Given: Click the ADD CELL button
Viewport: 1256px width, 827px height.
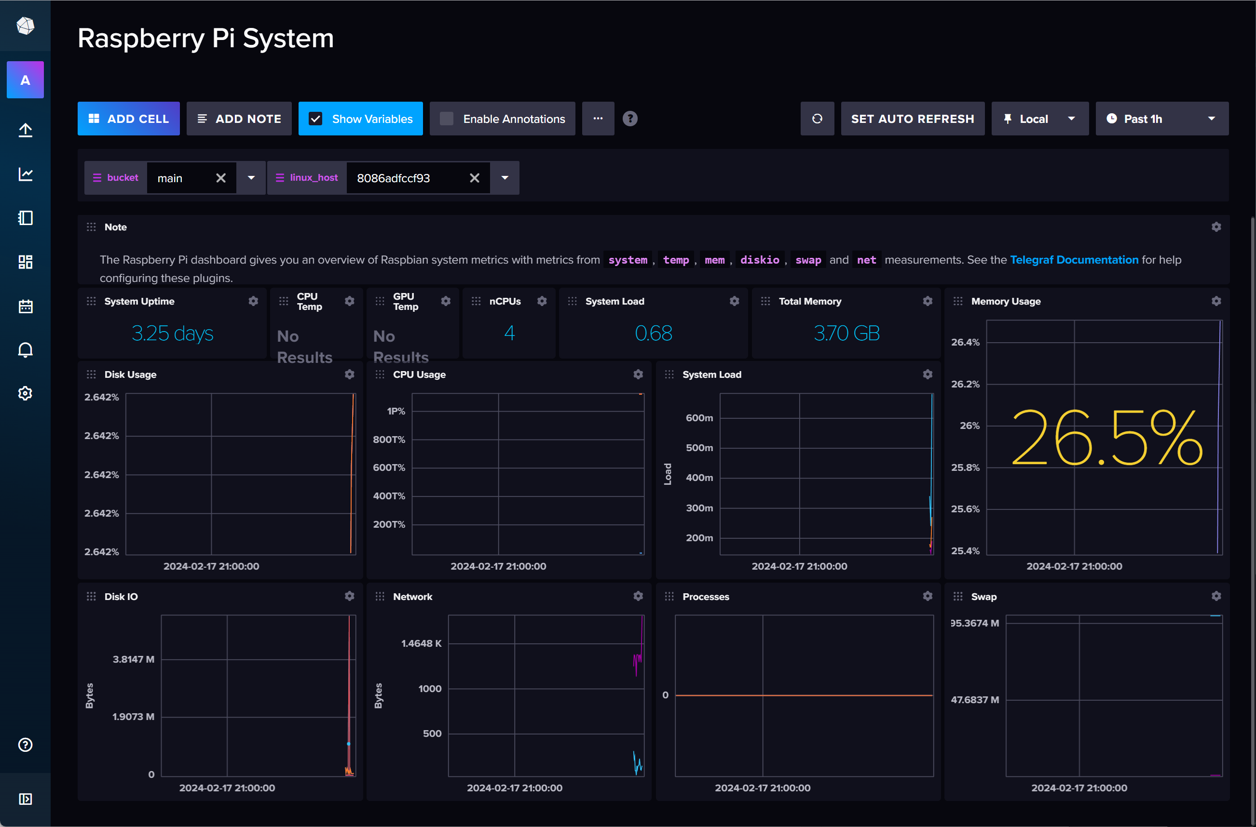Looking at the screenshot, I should pos(128,119).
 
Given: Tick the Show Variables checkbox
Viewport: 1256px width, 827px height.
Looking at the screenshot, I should pos(315,119).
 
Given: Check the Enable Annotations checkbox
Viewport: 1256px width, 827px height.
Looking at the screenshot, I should pos(447,119).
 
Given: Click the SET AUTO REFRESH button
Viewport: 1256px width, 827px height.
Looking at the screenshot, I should pos(912,119).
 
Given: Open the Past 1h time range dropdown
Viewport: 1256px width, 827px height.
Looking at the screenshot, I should pos(1161,119).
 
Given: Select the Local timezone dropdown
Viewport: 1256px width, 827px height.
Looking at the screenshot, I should pos(1039,119).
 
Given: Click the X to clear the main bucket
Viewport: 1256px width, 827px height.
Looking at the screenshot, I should pos(221,178).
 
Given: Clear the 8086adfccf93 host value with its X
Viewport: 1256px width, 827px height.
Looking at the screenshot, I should pos(475,178).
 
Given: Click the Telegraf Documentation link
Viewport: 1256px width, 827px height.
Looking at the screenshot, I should pos(1074,259).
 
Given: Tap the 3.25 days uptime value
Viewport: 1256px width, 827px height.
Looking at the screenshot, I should pos(172,333).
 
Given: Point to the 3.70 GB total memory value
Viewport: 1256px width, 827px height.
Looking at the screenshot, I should pos(846,333).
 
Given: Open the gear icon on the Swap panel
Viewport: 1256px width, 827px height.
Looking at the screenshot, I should pos(1216,596).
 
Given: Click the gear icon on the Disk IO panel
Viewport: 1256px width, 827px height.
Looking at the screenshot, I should pos(349,596).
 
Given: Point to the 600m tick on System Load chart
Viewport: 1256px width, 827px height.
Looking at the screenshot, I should pos(699,418).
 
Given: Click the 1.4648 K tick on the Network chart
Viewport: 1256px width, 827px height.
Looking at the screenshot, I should pos(421,643).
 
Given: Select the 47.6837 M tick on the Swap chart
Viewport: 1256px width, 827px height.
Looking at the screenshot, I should pos(975,700).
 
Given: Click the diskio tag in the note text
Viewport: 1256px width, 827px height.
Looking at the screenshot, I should pos(759,259).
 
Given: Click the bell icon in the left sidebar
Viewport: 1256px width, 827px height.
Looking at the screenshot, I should pos(26,350).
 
